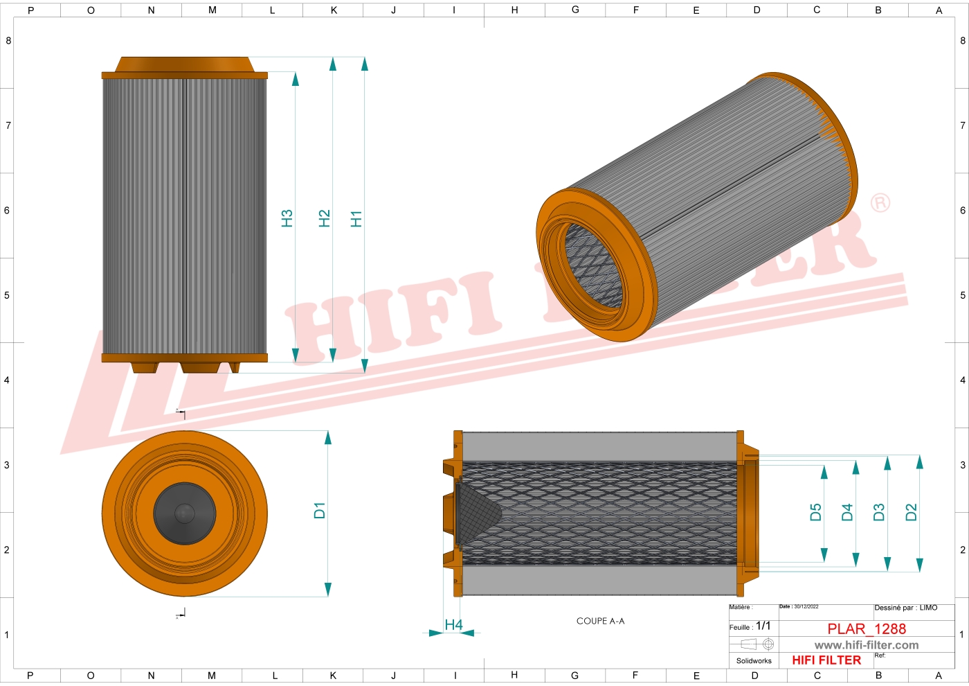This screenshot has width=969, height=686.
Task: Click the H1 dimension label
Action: tap(356, 219)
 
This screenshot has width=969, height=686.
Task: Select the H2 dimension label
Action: tap(324, 219)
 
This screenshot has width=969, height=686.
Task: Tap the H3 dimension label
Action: tap(287, 219)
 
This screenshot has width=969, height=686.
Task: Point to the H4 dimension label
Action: tap(453, 625)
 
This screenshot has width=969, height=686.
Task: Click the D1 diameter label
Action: tap(319, 511)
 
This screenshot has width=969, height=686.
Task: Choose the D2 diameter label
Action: tap(911, 512)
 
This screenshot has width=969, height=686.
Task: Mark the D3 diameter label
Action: tap(879, 512)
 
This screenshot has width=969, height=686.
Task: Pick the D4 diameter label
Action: tap(847, 512)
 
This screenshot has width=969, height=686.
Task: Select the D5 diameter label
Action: tap(815, 512)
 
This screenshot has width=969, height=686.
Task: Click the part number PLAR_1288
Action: tap(867, 628)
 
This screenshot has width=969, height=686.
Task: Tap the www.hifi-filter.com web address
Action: tap(867, 645)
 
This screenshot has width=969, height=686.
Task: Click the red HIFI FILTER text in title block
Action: tap(826, 660)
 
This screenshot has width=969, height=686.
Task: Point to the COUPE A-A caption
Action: tap(600, 621)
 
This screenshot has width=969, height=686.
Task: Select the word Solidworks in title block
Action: tap(754, 661)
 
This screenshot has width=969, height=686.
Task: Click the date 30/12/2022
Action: tap(806, 606)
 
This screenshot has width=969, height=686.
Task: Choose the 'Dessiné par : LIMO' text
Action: tap(905, 608)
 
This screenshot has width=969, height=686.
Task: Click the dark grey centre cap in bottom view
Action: tap(184, 513)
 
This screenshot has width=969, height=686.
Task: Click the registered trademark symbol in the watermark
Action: tap(880, 203)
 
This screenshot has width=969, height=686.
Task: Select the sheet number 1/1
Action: tap(763, 626)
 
